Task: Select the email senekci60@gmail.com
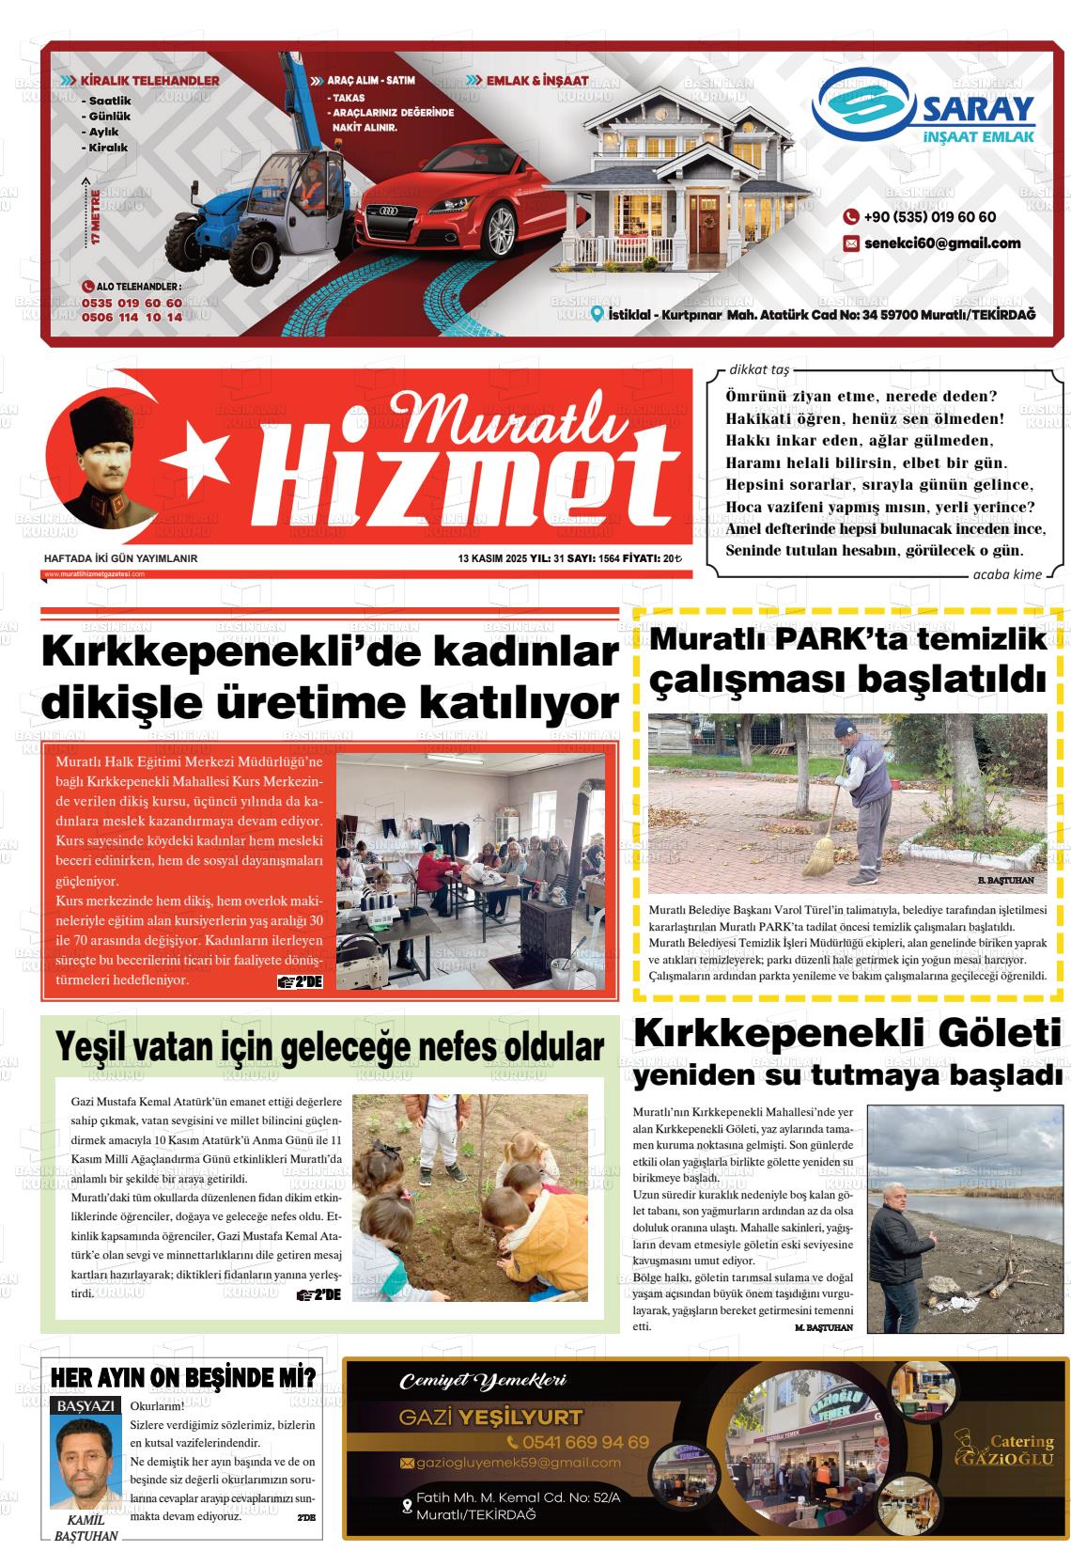(x=941, y=243)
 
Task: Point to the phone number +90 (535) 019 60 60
(x=929, y=217)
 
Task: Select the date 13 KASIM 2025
(x=492, y=558)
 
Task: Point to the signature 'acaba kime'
(x=1007, y=574)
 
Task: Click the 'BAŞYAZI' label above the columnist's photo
(x=86, y=1406)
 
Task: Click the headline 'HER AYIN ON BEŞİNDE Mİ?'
(x=183, y=1379)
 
